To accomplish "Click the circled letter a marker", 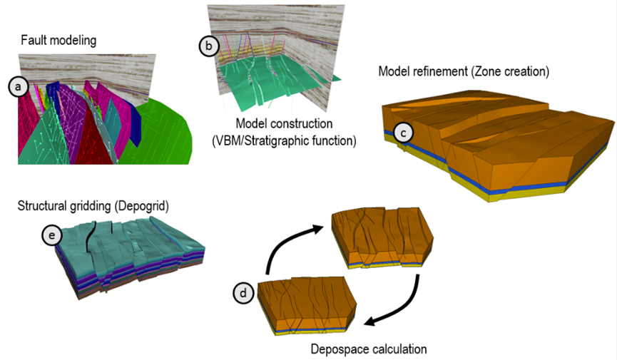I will coord(17,87).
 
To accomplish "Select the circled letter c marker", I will coord(403,132).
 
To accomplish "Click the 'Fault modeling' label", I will coord(58,41).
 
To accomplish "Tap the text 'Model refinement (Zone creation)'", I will coord(467,72).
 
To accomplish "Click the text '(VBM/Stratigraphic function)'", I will coord(283,140).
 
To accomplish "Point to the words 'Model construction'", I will coord(282,124).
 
